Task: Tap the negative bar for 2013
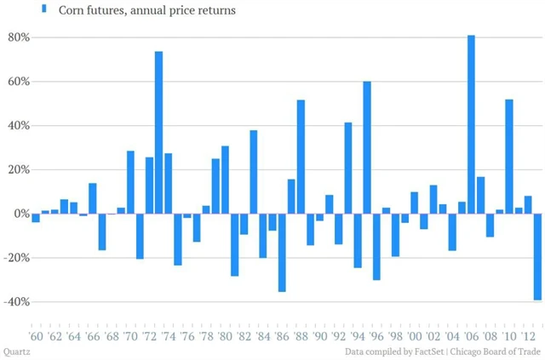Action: [x=537, y=256]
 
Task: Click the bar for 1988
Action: [x=301, y=157]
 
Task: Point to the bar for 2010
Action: [x=509, y=157]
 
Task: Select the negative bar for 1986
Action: [x=282, y=252]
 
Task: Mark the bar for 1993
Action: [x=348, y=168]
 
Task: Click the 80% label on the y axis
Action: [x=19, y=37]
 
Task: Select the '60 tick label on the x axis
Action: [x=35, y=336]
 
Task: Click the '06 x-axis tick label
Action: [x=471, y=336]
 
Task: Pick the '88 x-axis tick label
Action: [x=301, y=336]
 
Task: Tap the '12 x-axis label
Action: [x=528, y=336]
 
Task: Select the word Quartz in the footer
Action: [x=16, y=351]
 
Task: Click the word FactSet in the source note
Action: [x=420, y=351]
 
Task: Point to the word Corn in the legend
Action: [x=72, y=10]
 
